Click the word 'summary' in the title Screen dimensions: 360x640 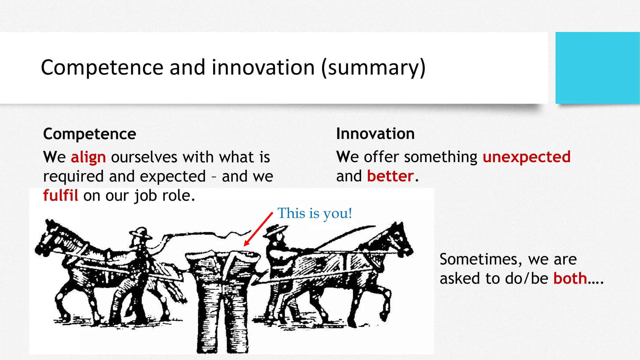[x=373, y=68]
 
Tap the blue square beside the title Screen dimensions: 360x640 [x=597, y=68]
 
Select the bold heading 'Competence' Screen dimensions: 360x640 [x=90, y=134]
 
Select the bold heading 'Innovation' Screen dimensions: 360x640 [x=375, y=134]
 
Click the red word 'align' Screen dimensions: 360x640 [x=88, y=157]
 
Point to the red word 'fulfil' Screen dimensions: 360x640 [x=60, y=196]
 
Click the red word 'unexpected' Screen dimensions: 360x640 [x=527, y=157]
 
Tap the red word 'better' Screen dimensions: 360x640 [x=390, y=176]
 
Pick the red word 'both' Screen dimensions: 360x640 [x=570, y=278]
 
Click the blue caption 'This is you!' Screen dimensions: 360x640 [x=315, y=213]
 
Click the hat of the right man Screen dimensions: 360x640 [x=276, y=230]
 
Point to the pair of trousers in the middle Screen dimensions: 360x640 [x=223, y=297]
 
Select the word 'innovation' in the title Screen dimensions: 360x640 [x=263, y=68]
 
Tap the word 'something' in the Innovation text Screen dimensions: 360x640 [x=441, y=157]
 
